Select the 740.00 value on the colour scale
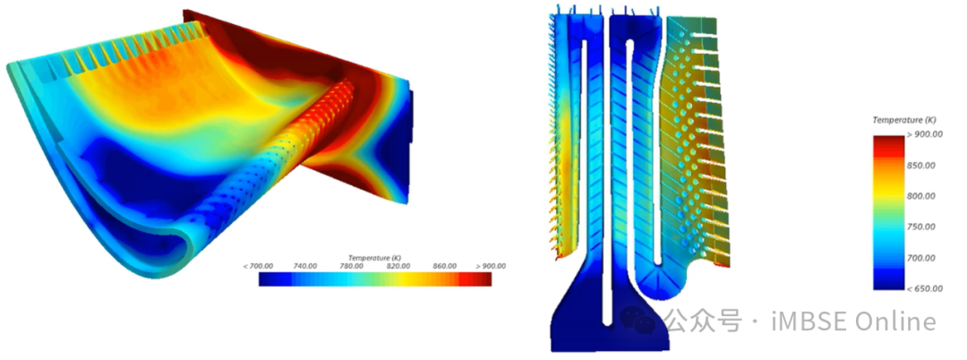[x=304, y=266]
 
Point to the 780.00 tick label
[x=352, y=266]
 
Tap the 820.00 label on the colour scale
[x=398, y=266]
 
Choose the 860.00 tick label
[x=445, y=266]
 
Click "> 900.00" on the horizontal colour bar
[x=491, y=266]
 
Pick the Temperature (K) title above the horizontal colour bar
[x=375, y=258]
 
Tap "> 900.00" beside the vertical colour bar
[x=925, y=135]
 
